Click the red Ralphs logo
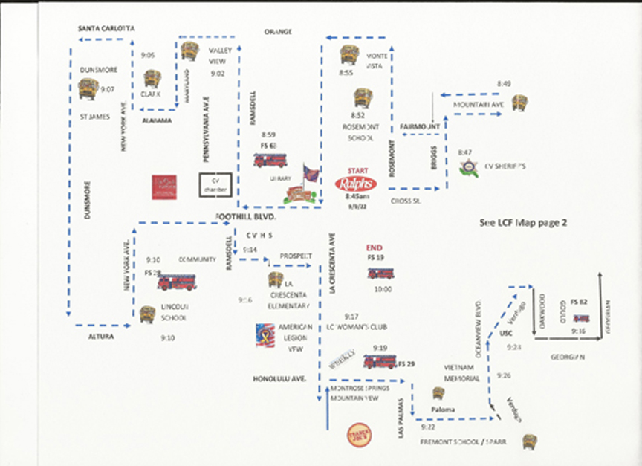pos(356,184)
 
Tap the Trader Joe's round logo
pos(357,433)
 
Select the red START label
pos(357,170)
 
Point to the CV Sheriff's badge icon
pos(468,167)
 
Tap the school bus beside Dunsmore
pos(88,88)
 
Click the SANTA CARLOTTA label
pos(107,28)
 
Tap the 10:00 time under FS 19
pos(382,289)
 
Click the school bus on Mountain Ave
pos(519,103)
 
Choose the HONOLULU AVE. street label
pos(279,378)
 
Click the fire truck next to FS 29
pos(380,361)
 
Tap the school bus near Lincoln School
pos(148,314)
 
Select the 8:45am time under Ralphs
pos(357,198)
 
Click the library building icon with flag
pos(301,188)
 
